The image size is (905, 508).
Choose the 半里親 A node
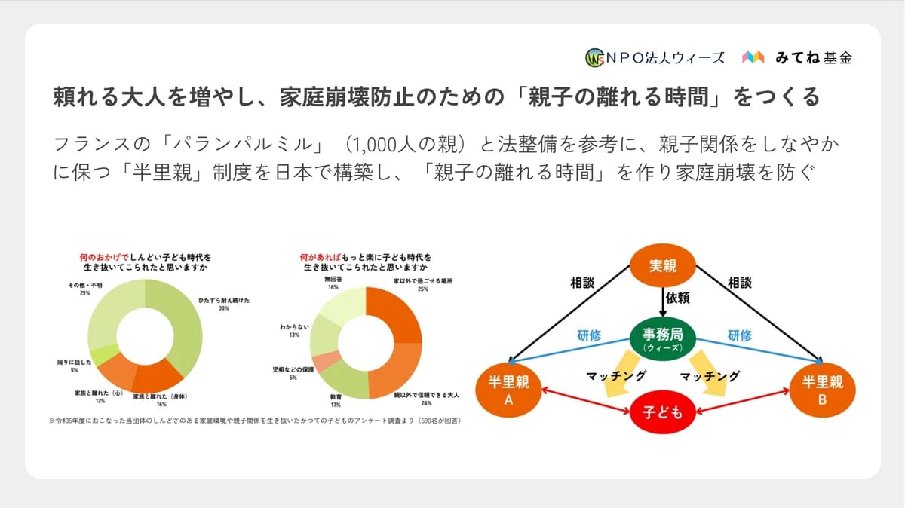coord(508,390)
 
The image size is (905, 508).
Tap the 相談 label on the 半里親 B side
coord(740,283)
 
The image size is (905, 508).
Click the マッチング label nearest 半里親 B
coord(709,375)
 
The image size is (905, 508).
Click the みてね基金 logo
coord(797,57)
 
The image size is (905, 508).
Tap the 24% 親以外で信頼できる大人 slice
coord(397,369)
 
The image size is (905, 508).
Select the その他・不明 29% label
coord(82,289)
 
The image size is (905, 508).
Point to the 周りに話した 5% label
coord(74,366)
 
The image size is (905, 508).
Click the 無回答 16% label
coord(333,283)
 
